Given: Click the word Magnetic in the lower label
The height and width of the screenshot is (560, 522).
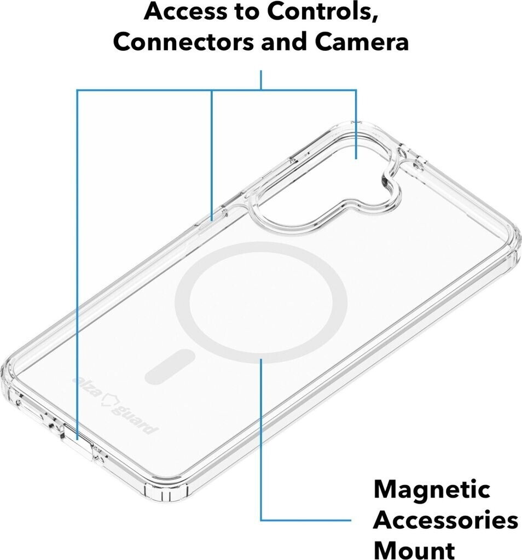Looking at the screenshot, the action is pos(432,489).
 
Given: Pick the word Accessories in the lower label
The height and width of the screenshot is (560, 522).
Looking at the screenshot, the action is pos(445,520).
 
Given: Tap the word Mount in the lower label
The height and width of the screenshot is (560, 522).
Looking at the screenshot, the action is pos(414,549).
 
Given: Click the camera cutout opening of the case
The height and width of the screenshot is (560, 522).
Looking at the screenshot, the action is pos(328,175).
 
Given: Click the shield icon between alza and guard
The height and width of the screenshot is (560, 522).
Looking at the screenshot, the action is pos(109,403).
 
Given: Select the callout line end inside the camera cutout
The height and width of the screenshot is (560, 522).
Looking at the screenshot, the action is pos(356,157).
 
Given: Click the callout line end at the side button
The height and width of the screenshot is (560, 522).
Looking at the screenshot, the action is pos(212,219).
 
